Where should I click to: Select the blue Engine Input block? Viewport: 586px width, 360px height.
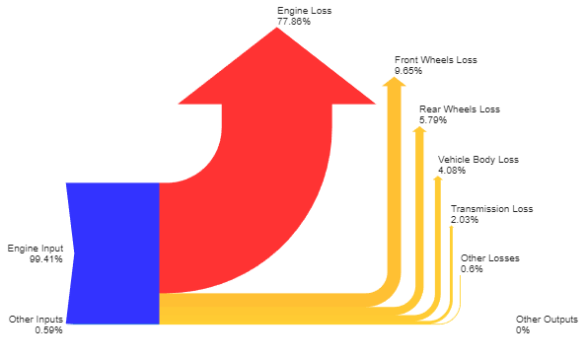(113, 252)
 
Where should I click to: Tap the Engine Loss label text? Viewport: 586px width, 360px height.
(304, 11)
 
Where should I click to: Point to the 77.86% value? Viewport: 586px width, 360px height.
(294, 22)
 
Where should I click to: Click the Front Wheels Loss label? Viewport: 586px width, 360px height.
(435, 60)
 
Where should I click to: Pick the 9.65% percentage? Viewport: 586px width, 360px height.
(408, 71)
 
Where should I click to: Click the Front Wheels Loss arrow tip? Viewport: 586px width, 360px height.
(395, 82)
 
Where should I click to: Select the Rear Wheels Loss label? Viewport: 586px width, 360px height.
(460, 109)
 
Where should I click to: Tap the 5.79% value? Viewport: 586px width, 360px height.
(433, 120)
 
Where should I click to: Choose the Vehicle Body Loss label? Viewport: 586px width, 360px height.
(477, 159)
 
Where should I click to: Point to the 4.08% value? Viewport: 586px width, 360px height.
(452, 170)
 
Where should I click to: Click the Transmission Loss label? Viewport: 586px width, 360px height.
(491, 209)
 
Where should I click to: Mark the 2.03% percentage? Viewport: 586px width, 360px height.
(465, 220)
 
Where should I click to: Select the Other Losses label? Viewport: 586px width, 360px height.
(489, 258)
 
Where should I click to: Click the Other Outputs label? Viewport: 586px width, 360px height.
(547, 320)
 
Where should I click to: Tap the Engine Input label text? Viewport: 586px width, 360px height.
(35, 248)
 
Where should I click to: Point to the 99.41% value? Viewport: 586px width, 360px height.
(45, 258)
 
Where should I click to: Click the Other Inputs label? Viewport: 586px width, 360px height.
(36, 320)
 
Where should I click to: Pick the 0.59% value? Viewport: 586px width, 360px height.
(48, 330)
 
